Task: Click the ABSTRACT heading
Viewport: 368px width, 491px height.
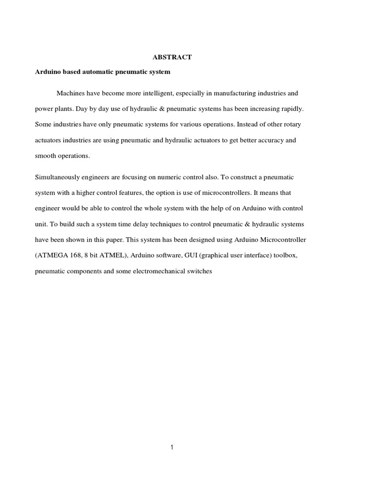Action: (172, 57)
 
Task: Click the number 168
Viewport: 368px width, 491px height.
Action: (75, 256)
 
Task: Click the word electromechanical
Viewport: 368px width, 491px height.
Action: (160, 271)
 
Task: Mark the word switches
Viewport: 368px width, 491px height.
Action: (199, 271)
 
